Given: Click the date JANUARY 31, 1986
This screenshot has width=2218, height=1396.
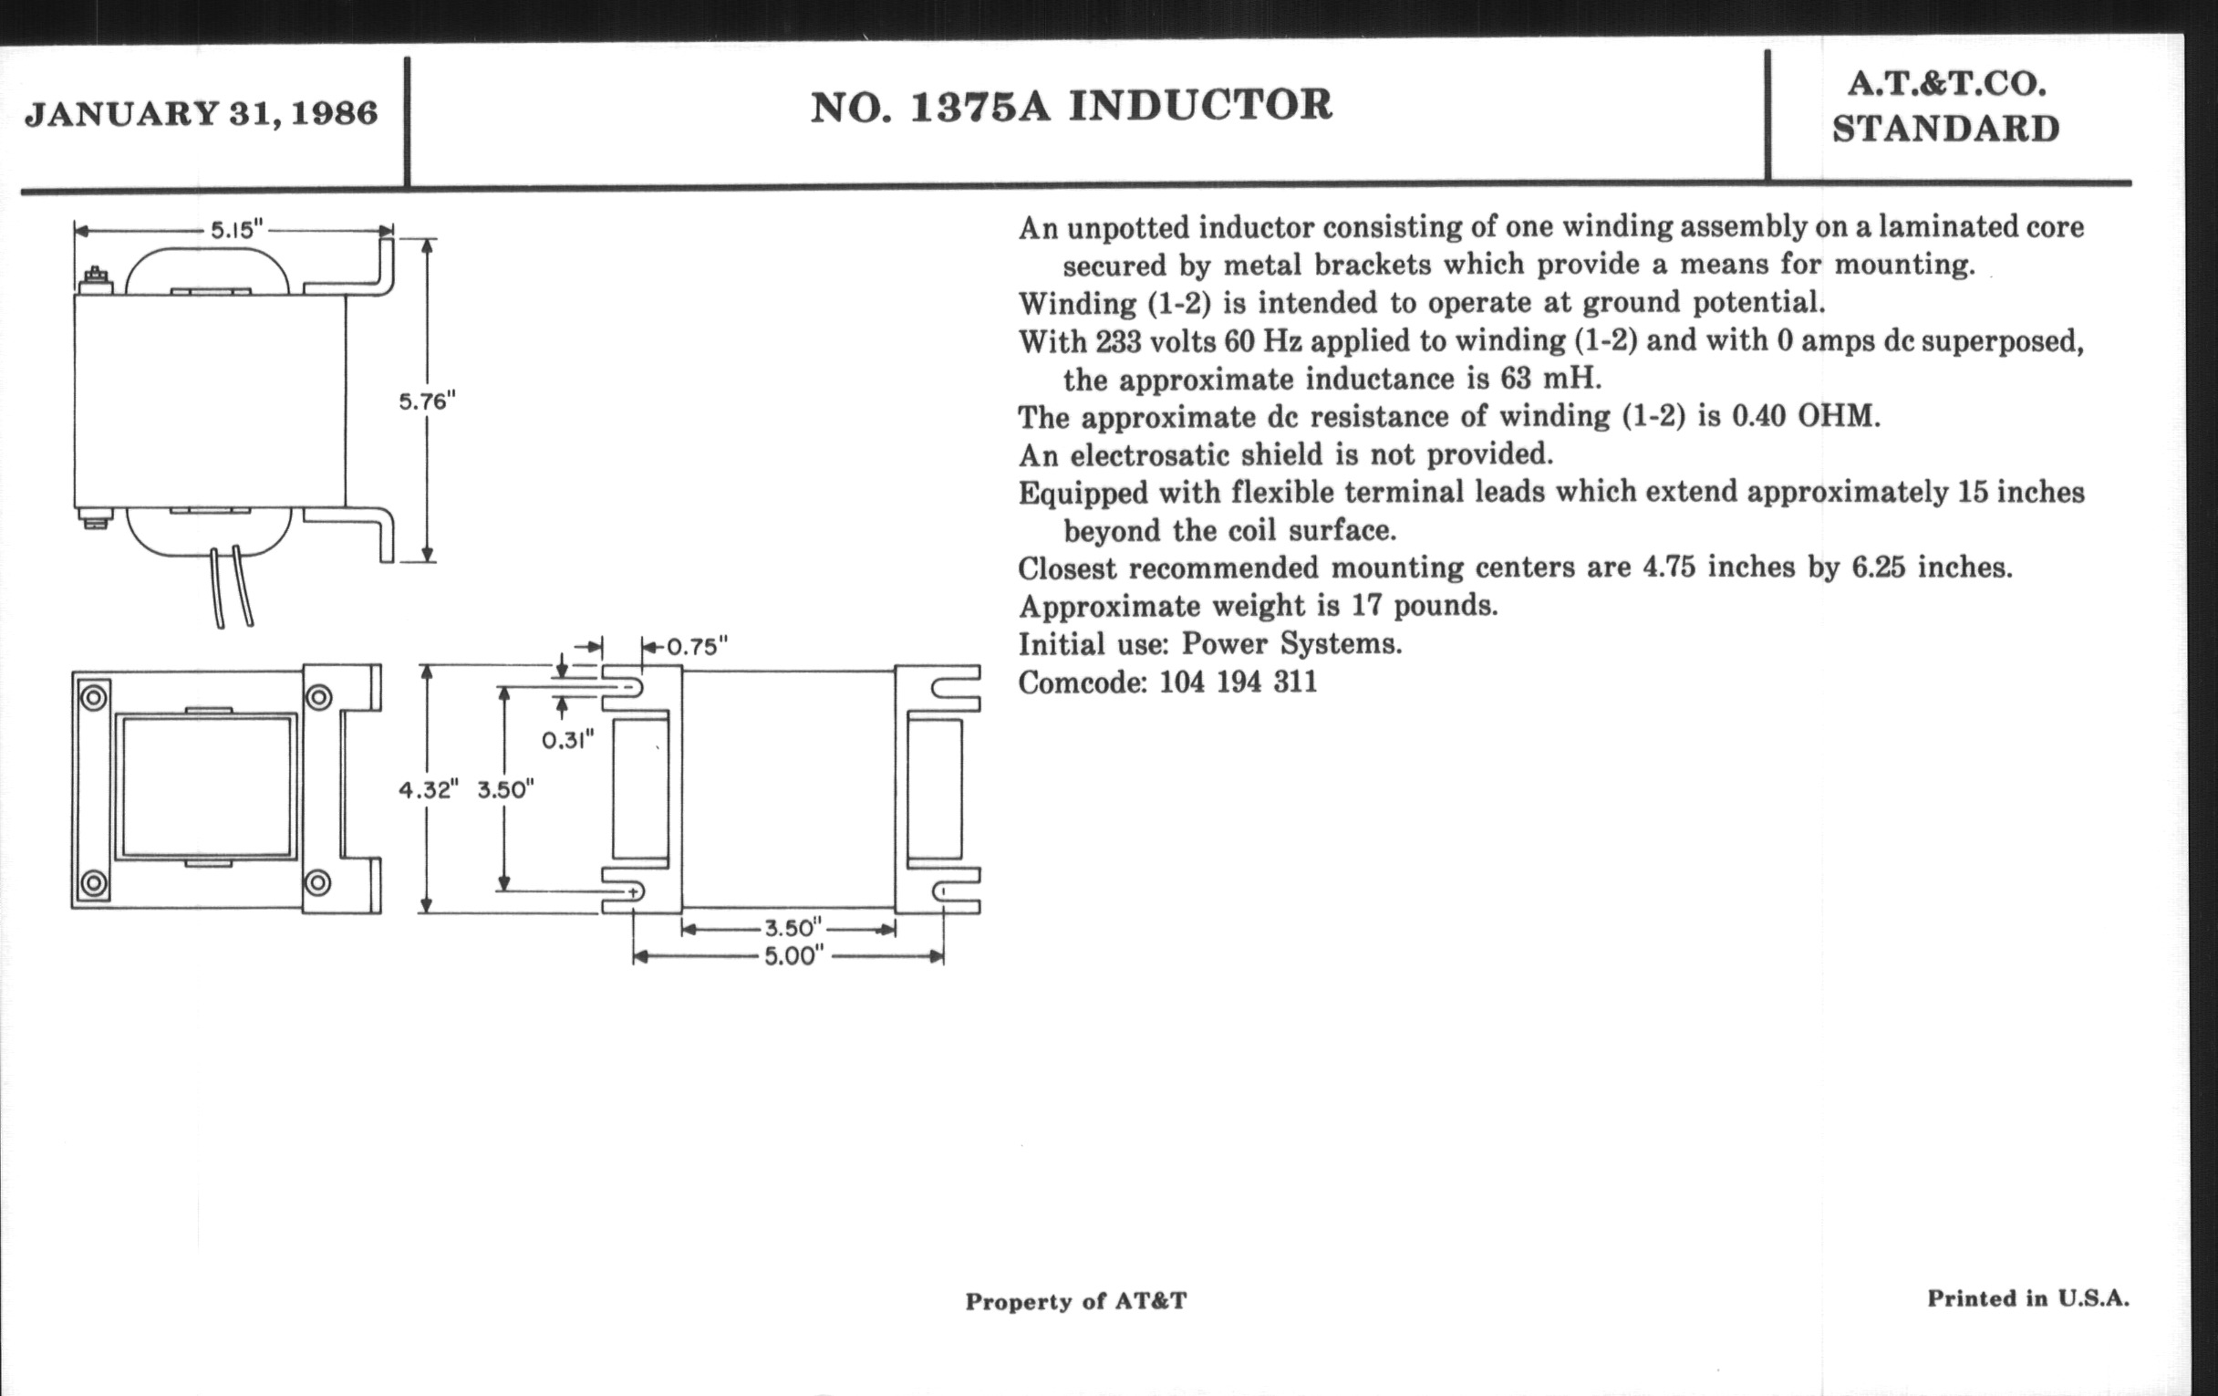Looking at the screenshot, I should click(x=201, y=114).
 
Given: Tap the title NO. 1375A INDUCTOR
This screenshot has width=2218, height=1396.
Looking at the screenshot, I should click(x=1072, y=106).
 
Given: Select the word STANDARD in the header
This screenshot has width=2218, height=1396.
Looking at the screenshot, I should click(x=1945, y=129).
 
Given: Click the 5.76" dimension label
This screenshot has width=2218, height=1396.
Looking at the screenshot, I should click(x=427, y=401).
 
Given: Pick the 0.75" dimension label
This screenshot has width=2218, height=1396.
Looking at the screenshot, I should click(x=697, y=647).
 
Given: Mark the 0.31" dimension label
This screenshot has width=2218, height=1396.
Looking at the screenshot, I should click(x=567, y=740).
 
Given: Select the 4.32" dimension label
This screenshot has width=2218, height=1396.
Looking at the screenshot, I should click(x=428, y=789).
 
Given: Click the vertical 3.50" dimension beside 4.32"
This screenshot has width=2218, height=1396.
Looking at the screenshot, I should click(x=505, y=789).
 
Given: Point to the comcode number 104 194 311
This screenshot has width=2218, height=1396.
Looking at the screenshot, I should click(x=1237, y=682).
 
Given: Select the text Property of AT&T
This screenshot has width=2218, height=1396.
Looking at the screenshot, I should click(x=1076, y=1301).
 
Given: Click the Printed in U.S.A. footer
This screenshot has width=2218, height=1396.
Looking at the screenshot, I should click(x=2028, y=1298).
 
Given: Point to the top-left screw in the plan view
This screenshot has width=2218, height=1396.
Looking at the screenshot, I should click(x=94, y=697).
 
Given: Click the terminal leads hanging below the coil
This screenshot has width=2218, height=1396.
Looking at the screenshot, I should click(x=233, y=587).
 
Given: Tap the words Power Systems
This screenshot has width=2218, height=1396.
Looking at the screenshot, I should click(x=1291, y=644).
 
